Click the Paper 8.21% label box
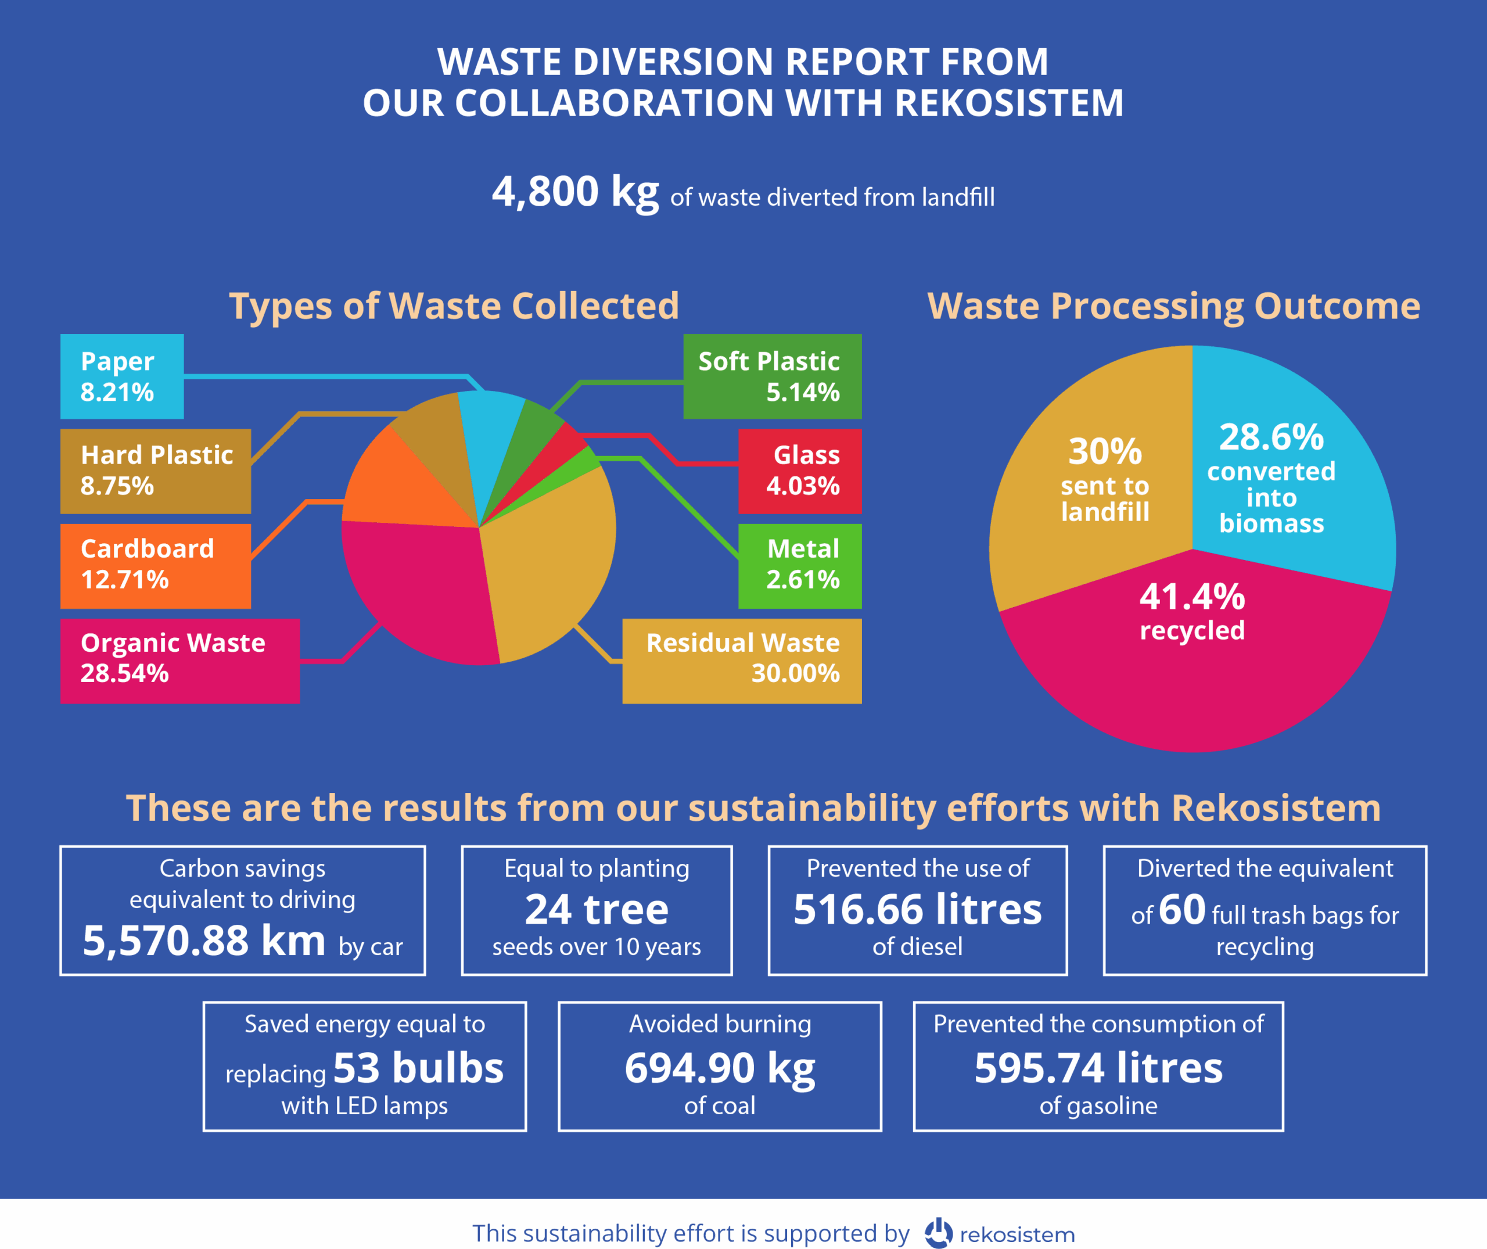(122, 376)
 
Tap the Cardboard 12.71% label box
(155, 566)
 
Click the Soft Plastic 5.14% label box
(772, 376)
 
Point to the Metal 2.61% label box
(799, 566)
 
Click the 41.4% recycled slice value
(1192, 597)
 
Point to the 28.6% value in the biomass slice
(1271, 437)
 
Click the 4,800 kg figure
(575, 191)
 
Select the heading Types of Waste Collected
(454, 306)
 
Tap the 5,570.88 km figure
(204, 941)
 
